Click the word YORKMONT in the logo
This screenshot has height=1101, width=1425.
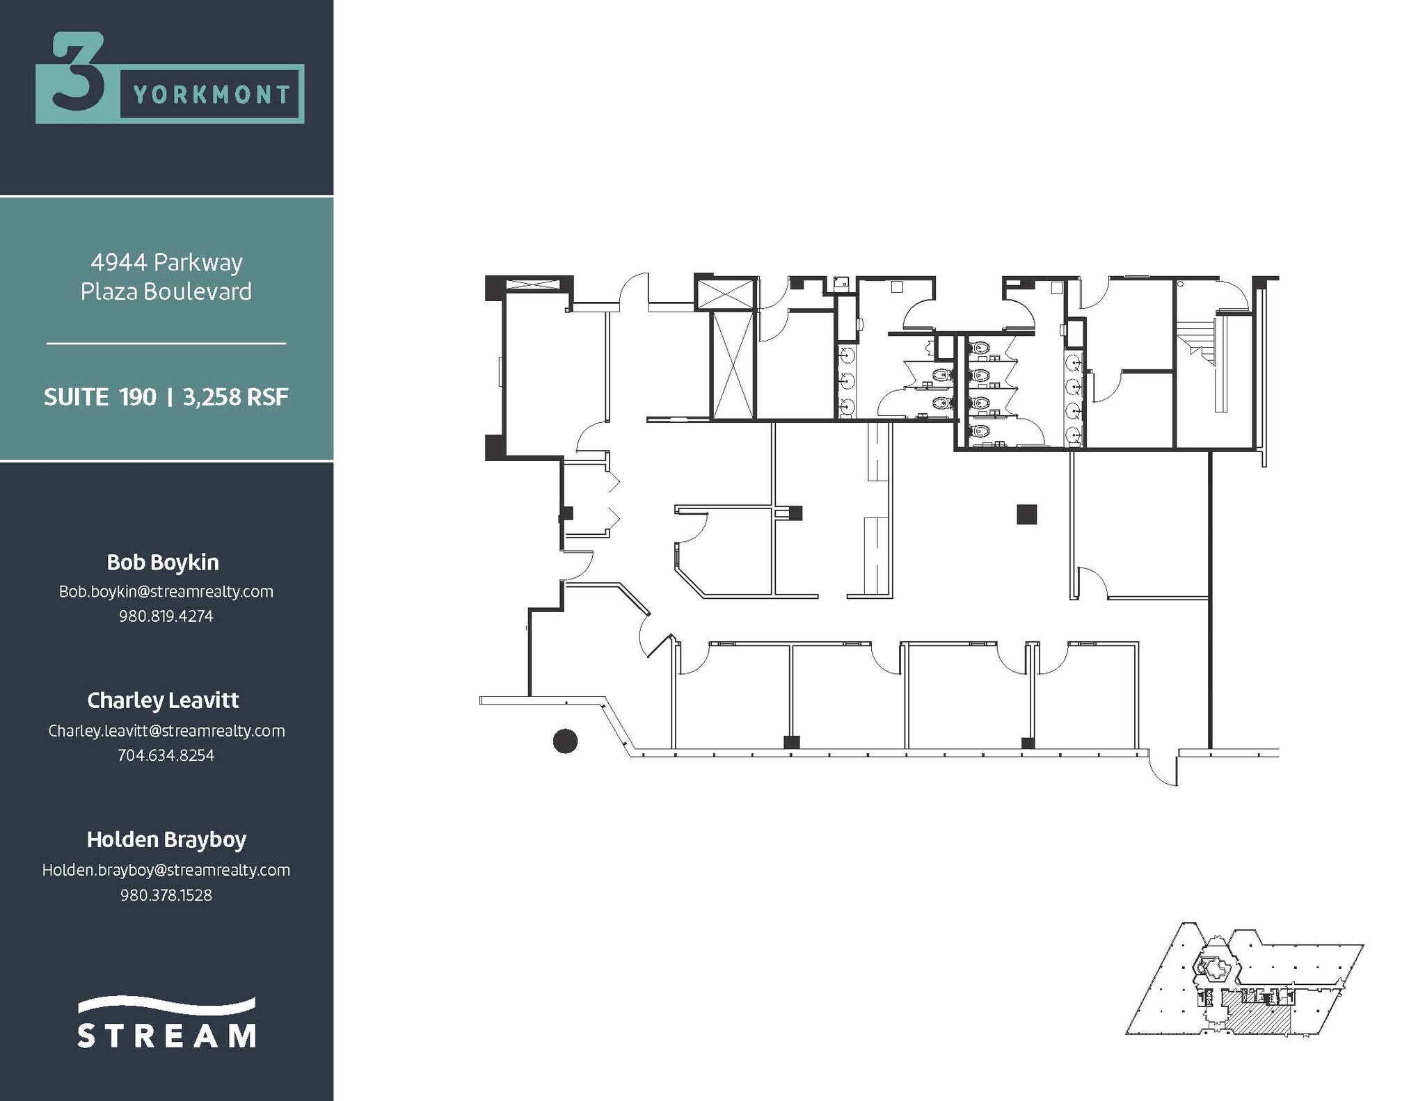pos(211,95)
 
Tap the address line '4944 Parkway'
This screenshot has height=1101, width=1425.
pos(166,262)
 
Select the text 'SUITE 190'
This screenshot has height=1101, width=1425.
pos(100,397)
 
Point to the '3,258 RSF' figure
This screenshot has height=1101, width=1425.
pos(235,397)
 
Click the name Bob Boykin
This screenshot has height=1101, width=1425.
pos(163,562)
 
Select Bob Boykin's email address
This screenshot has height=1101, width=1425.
pos(166,591)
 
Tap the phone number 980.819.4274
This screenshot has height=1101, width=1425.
pos(166,616)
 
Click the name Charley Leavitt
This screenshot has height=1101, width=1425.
pos(163,700)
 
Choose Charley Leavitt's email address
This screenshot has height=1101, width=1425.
pos(166,730)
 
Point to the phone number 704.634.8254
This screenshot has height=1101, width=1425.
pos(166,755)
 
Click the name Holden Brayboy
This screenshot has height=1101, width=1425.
pos(166,839)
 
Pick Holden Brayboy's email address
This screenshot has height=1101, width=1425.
pos(166,870)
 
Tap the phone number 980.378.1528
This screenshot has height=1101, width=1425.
pos(166,895)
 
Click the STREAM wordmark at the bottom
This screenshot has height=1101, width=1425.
pos(166,1035)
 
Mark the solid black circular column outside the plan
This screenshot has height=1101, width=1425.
pos(565,741)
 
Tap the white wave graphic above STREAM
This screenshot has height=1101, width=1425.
pos(166,1006)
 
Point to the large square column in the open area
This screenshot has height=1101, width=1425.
pos(1026,514)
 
